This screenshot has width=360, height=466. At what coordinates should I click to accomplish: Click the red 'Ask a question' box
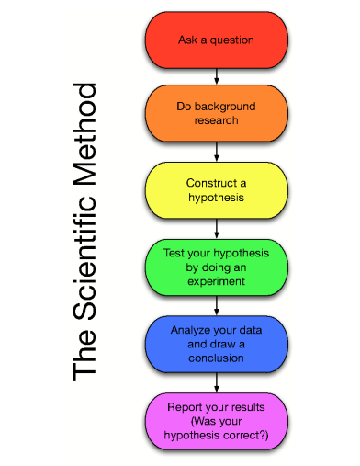pyautogui.click(x=216, y=40)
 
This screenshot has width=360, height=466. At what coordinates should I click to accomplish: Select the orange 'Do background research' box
pyautogui.click(x=216, y=113)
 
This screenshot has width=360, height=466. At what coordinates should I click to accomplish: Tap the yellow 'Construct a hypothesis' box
pyautogui.click(x=216, y=189)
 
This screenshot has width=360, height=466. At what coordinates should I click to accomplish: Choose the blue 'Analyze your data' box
pyautogui.click(x=216, y=342)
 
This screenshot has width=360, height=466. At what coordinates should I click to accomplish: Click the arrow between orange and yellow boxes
pyautogui.click(x=216, y=152)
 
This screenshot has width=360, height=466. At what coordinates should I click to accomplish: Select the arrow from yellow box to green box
pyautogui.click(x=216, y=228)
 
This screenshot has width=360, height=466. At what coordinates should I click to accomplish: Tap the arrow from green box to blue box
pyautogui.click(x=216, y=304)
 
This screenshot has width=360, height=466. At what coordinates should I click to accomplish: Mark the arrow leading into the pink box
pyautogui.click(x=216, y=381)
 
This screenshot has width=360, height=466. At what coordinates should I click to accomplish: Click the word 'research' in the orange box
pyautogui.click(x=217, y=121)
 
